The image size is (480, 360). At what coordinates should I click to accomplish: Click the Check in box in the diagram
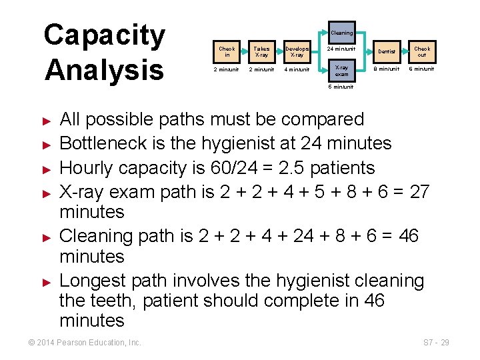227,51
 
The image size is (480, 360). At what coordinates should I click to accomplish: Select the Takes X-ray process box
261,51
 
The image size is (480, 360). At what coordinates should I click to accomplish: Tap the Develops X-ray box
297,51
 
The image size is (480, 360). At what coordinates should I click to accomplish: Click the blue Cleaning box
341,33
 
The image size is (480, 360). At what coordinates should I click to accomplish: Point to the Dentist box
387,51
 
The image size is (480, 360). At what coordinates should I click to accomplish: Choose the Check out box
422,51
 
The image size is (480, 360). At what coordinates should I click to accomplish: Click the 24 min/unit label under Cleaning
341,49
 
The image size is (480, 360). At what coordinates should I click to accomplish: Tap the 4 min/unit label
297,69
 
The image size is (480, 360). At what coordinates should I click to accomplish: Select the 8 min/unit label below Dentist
387,69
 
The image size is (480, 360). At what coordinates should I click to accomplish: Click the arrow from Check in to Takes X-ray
244,51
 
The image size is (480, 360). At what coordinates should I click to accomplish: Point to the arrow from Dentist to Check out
405,51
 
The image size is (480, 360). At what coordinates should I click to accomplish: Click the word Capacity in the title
105,36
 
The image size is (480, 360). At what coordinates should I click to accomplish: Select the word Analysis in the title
104,69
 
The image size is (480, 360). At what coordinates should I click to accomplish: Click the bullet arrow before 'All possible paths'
47,121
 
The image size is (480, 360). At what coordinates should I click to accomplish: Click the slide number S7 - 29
437,343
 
